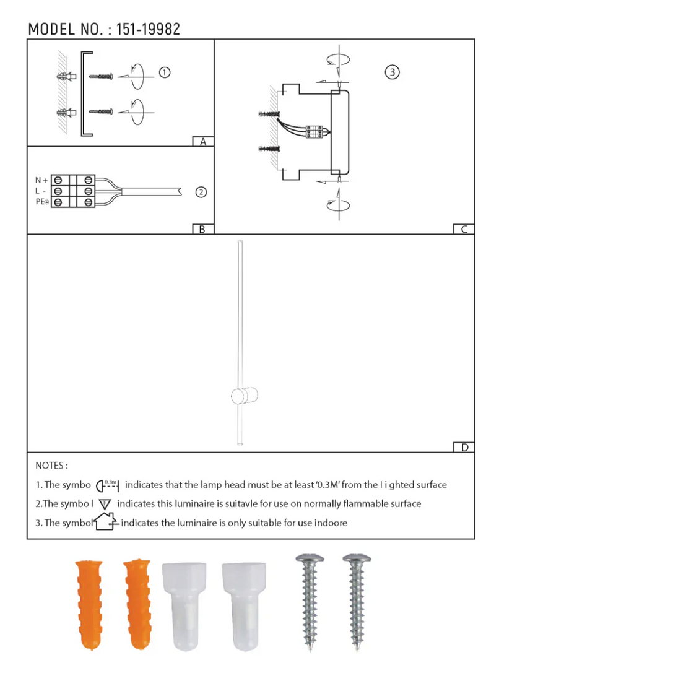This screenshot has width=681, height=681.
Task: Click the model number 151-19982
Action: pos(148,29)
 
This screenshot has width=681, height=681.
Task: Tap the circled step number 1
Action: pos(165,72)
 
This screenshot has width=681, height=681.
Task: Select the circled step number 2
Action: pos(201,192)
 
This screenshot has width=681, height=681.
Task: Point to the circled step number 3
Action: pos(392,72)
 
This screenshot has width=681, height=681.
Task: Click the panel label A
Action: pos(203,142)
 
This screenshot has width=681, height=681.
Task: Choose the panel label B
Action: pos(202,229)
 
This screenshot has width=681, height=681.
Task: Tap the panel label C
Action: pos(464,229)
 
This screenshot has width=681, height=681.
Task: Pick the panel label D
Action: pos(465,448)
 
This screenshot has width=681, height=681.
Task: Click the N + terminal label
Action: pos(41,180)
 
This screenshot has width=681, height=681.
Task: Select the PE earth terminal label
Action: pos(42,202)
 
